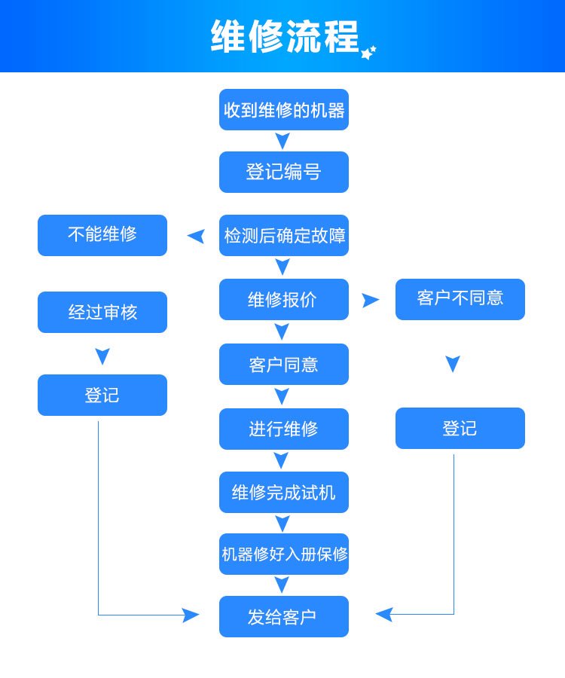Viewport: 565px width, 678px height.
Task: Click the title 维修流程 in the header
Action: click(285, 36)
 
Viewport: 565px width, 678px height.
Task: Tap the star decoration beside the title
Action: click(368, 53)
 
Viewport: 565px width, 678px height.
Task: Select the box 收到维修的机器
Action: click(284, 110)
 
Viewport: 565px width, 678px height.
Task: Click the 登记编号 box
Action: click(284, 172)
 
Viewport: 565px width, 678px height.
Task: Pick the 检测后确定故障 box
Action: click(284, 236)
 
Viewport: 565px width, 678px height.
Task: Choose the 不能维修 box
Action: click(102, 235)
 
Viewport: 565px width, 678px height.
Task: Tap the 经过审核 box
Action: click(102, 312)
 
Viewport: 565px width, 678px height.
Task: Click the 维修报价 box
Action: click(284, 300)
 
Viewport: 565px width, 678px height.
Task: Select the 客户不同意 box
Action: click(460, 299)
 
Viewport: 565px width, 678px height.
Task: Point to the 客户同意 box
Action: click(284, 365)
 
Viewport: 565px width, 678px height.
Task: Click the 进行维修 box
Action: click(284, 429)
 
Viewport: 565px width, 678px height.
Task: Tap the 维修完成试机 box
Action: click(284, 493)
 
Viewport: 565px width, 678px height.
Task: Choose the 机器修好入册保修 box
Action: click(284, 554)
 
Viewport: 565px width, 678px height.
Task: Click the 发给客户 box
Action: click(284, 617)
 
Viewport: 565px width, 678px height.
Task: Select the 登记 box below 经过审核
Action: click(102, 395)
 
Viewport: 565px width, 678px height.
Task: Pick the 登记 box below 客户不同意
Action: click(460, 428)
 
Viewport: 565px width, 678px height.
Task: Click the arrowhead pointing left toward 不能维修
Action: click(196, 237)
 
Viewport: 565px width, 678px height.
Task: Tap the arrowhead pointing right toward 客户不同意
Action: click(370, 300)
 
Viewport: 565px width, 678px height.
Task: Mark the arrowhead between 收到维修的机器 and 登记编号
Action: click(282, 141)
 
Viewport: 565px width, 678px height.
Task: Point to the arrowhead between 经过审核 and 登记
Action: click(102, 356)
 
